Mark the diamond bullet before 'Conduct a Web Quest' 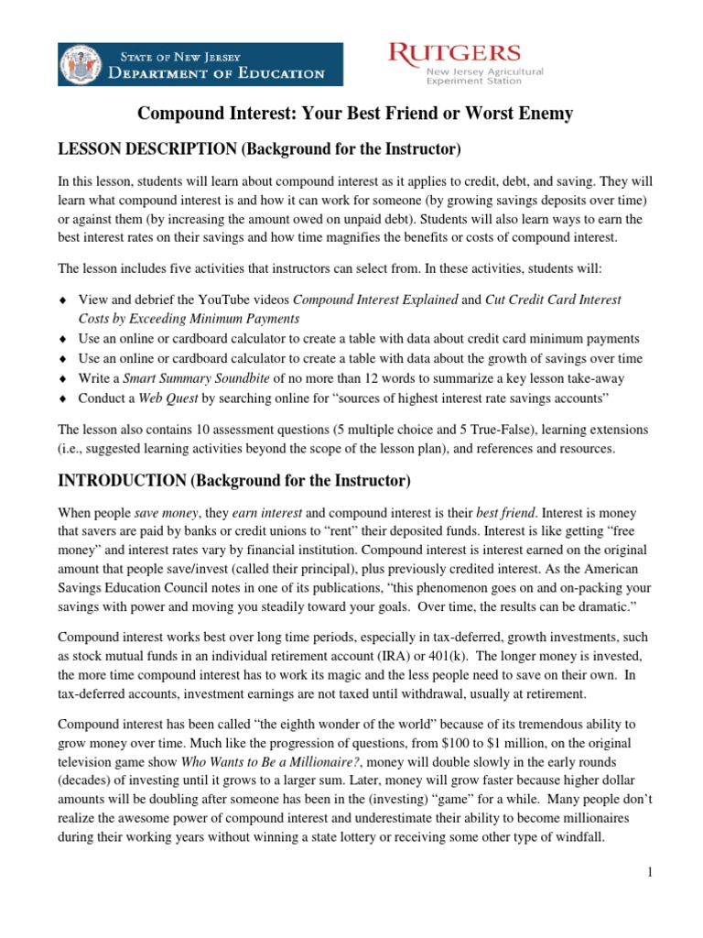coord(62,399)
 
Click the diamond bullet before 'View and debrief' coord(62,300)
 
